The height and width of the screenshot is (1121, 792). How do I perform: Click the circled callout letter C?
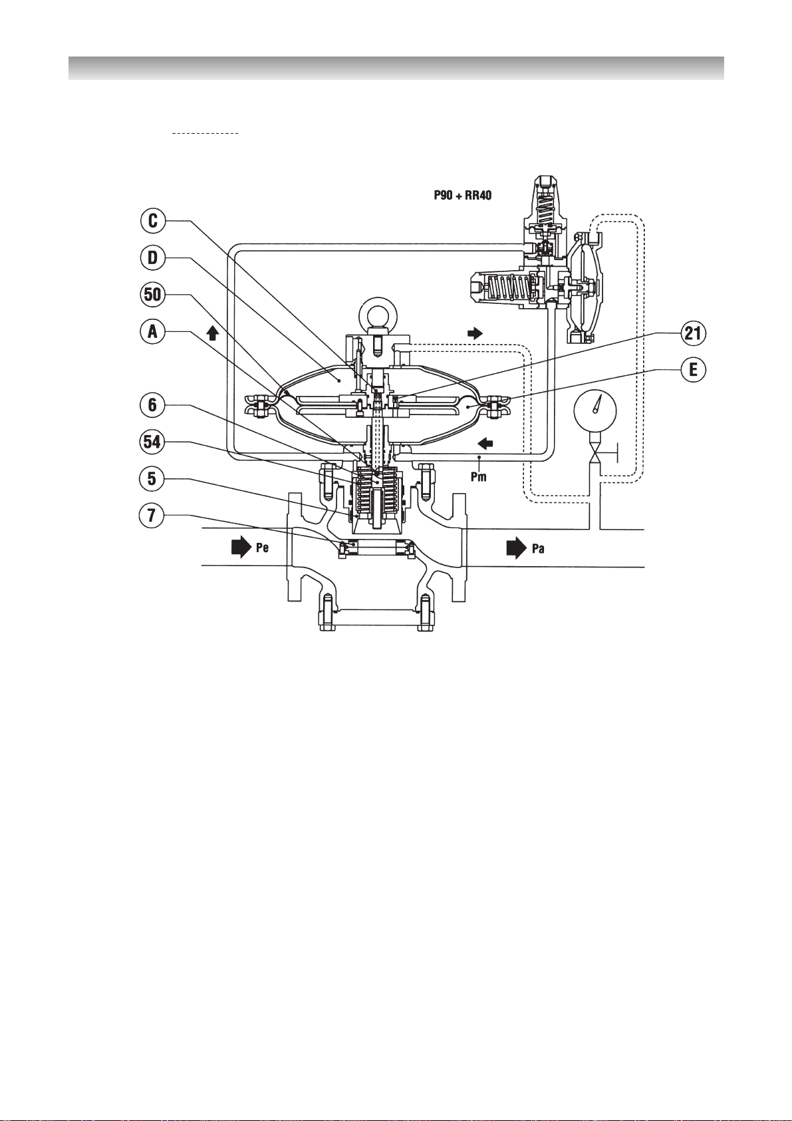[x=153, y=221]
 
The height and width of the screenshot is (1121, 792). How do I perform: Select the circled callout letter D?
[x=153, y=258]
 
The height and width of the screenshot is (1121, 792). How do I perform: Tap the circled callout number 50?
[x=153, y=295]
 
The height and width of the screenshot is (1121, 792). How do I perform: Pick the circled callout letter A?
[x=153, y=332]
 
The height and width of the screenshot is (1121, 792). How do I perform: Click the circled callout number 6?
[x=153, y=405]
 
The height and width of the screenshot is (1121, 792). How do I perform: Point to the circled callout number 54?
[x=153, y=442]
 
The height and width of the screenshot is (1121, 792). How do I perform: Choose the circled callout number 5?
[x=153, y=479]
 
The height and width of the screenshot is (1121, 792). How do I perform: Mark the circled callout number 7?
[x=153, y=516]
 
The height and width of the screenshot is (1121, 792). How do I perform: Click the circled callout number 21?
[x=693, y=334]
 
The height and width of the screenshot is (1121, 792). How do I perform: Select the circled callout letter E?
[x=693, y=371]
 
